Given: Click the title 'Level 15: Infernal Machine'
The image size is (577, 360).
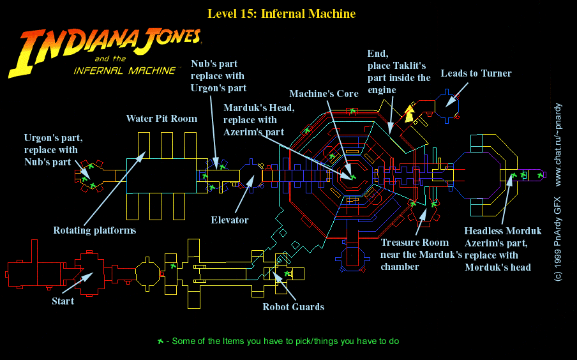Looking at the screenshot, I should pyautogui.click(x=281, y=13).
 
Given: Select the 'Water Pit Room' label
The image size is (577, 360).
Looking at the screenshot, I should pyautogui.click(x=161, y=118).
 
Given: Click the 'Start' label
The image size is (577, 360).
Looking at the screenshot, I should pyautogui.click(x=63, y=301).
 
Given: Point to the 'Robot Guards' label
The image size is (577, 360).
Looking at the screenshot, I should pyautogui.click(x=293, y=307).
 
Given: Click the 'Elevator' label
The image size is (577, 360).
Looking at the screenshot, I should pyautogui.click(x=230, y=220).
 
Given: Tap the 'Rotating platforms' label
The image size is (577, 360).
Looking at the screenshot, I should pyautogui.click(x=94, y=230).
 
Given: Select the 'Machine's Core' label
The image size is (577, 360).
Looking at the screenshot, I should pyautogui.click(x=324, y=94).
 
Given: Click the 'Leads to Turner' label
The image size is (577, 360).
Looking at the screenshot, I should pyautogui.click(x=476, y=73).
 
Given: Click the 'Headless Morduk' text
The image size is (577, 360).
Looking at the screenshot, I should pyautogui.click(x=503, y=231).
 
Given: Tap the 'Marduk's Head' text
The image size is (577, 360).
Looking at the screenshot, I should pyautogui.click(x=259, y=108).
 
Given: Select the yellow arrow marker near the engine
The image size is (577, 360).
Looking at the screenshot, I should pyautogui.click(x=408, y=114).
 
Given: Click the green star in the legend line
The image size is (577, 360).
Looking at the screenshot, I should pyautogui.click(x=160, y=341).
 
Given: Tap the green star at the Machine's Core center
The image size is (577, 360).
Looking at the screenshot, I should pyautogui.click(x=352, y=176).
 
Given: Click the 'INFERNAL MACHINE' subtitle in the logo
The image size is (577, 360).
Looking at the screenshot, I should pyautogui.click(x=124, y=70).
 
